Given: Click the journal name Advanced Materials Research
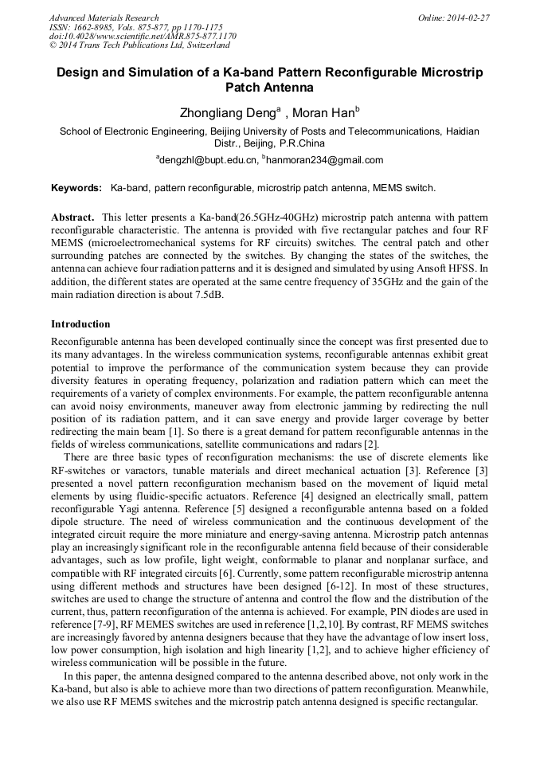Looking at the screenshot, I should [104, 18].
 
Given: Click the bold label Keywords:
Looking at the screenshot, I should [76, 189].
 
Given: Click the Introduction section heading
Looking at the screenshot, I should [80, 324].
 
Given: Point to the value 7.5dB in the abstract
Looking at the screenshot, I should [205, 295].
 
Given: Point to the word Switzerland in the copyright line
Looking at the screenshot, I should [201, 46].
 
